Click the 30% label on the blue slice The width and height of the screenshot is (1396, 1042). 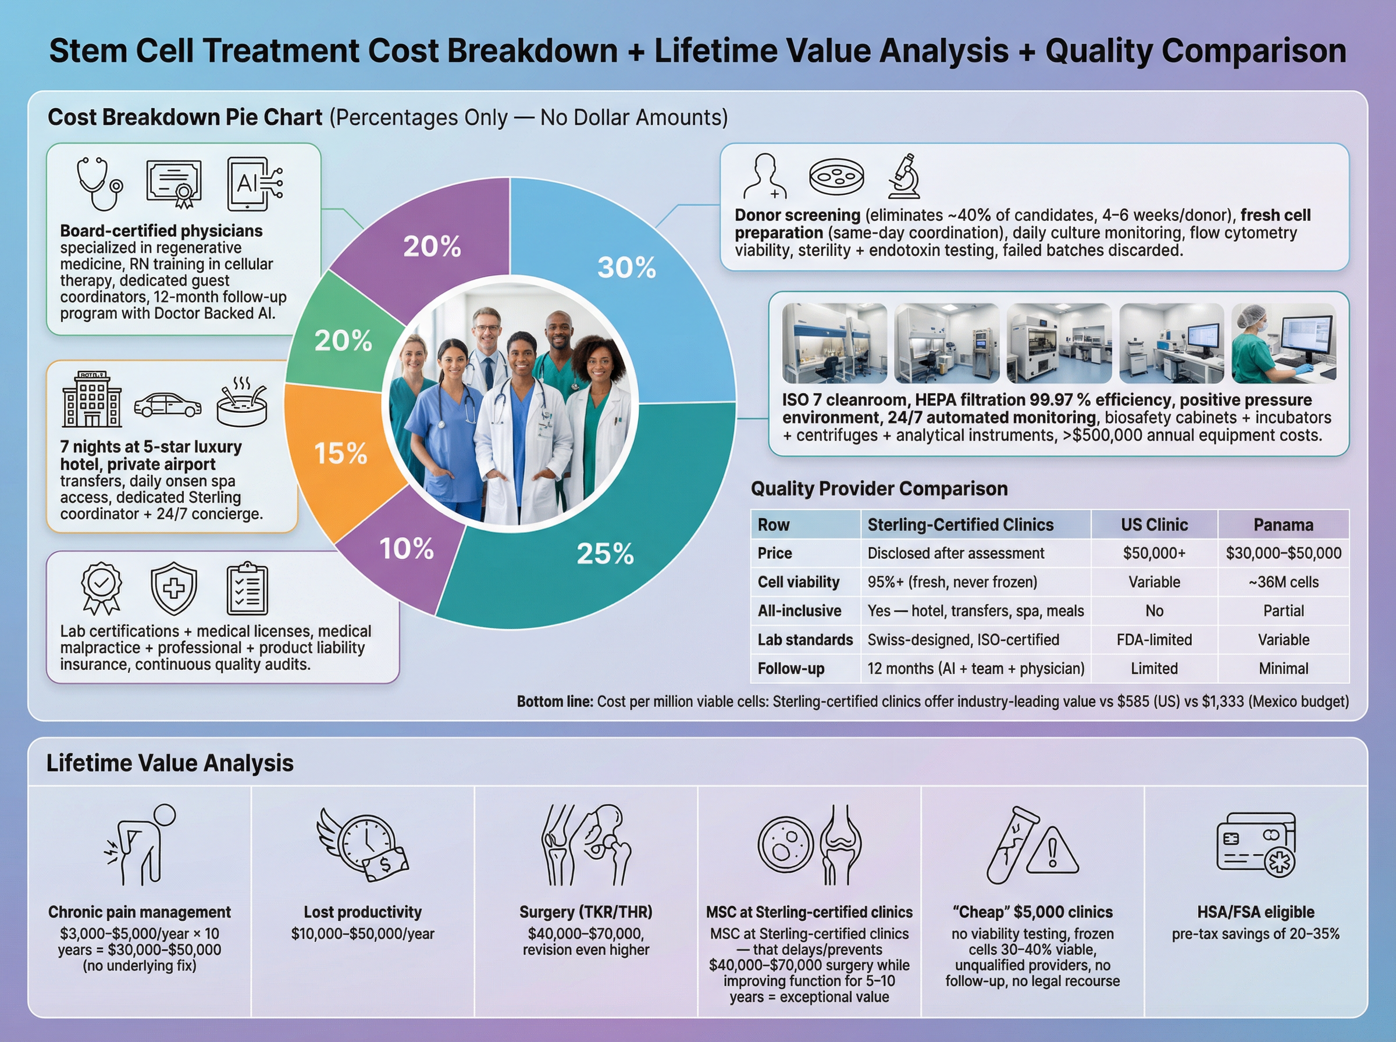coord(626,267)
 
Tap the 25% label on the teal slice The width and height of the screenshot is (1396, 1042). coord(604,554)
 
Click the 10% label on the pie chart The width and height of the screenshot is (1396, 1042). coord(406,549)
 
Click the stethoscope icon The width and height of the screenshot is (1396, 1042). coord(99,184)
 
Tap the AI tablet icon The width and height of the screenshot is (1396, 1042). coord(254,184)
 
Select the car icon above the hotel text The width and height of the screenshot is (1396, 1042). coord(167,405)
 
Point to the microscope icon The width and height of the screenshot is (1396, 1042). coord(904,176)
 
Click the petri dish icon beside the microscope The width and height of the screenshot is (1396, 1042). coord(836,177)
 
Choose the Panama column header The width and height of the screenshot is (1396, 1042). coord(1283,525)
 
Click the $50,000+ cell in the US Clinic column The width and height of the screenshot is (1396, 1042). coord(1154,553)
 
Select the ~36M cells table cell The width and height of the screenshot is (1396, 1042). coord(1283,582)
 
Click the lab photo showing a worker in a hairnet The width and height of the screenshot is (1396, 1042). coord(1283,343)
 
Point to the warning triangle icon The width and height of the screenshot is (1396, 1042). coord(1052,851)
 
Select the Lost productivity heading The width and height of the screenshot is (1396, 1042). coord(362,912)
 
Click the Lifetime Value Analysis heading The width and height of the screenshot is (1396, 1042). coord(170,763)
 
